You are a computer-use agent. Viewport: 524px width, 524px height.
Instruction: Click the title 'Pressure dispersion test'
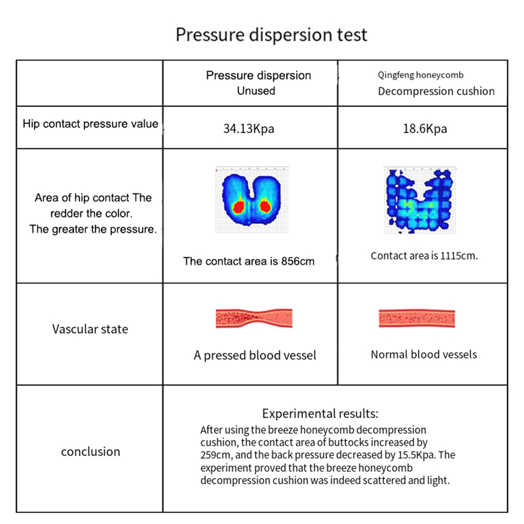pyautogui.click(x=271, y=35)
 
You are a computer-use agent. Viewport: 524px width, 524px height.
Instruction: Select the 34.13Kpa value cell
pyautogui.click(x=248, y=129)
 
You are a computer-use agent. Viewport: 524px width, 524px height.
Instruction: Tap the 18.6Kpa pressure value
pyautogui.click(x=425, y=129)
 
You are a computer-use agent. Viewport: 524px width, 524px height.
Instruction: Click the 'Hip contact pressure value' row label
pyautogui.click(x=90, y=124)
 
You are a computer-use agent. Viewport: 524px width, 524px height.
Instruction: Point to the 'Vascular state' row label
pyautogui.click(x=90, y=329)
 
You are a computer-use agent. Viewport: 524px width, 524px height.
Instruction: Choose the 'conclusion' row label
pyautogui.click(x=90, y=451)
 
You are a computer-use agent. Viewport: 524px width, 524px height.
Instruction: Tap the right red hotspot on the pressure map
pyautogui.click(x=265, y=206)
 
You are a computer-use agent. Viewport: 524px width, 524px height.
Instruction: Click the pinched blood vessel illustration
pyautogui.click(x=254, y=318)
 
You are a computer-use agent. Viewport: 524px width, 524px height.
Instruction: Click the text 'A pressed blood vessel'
pyautogui.click(x=255, y=356)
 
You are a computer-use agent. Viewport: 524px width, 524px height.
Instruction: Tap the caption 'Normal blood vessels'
pyautogui.click(x=424, y=355)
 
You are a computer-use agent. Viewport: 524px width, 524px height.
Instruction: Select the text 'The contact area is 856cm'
pyautogui.click(x=248, y=261)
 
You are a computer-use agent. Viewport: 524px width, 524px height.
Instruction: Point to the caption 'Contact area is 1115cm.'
pyautogui.click(x=424, y=256)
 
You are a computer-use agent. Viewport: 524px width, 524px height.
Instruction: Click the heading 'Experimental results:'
pyautogui.click(x=320, y=414)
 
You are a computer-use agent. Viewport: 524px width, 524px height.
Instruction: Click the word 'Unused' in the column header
pyautogui.click(x=256, y=90)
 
